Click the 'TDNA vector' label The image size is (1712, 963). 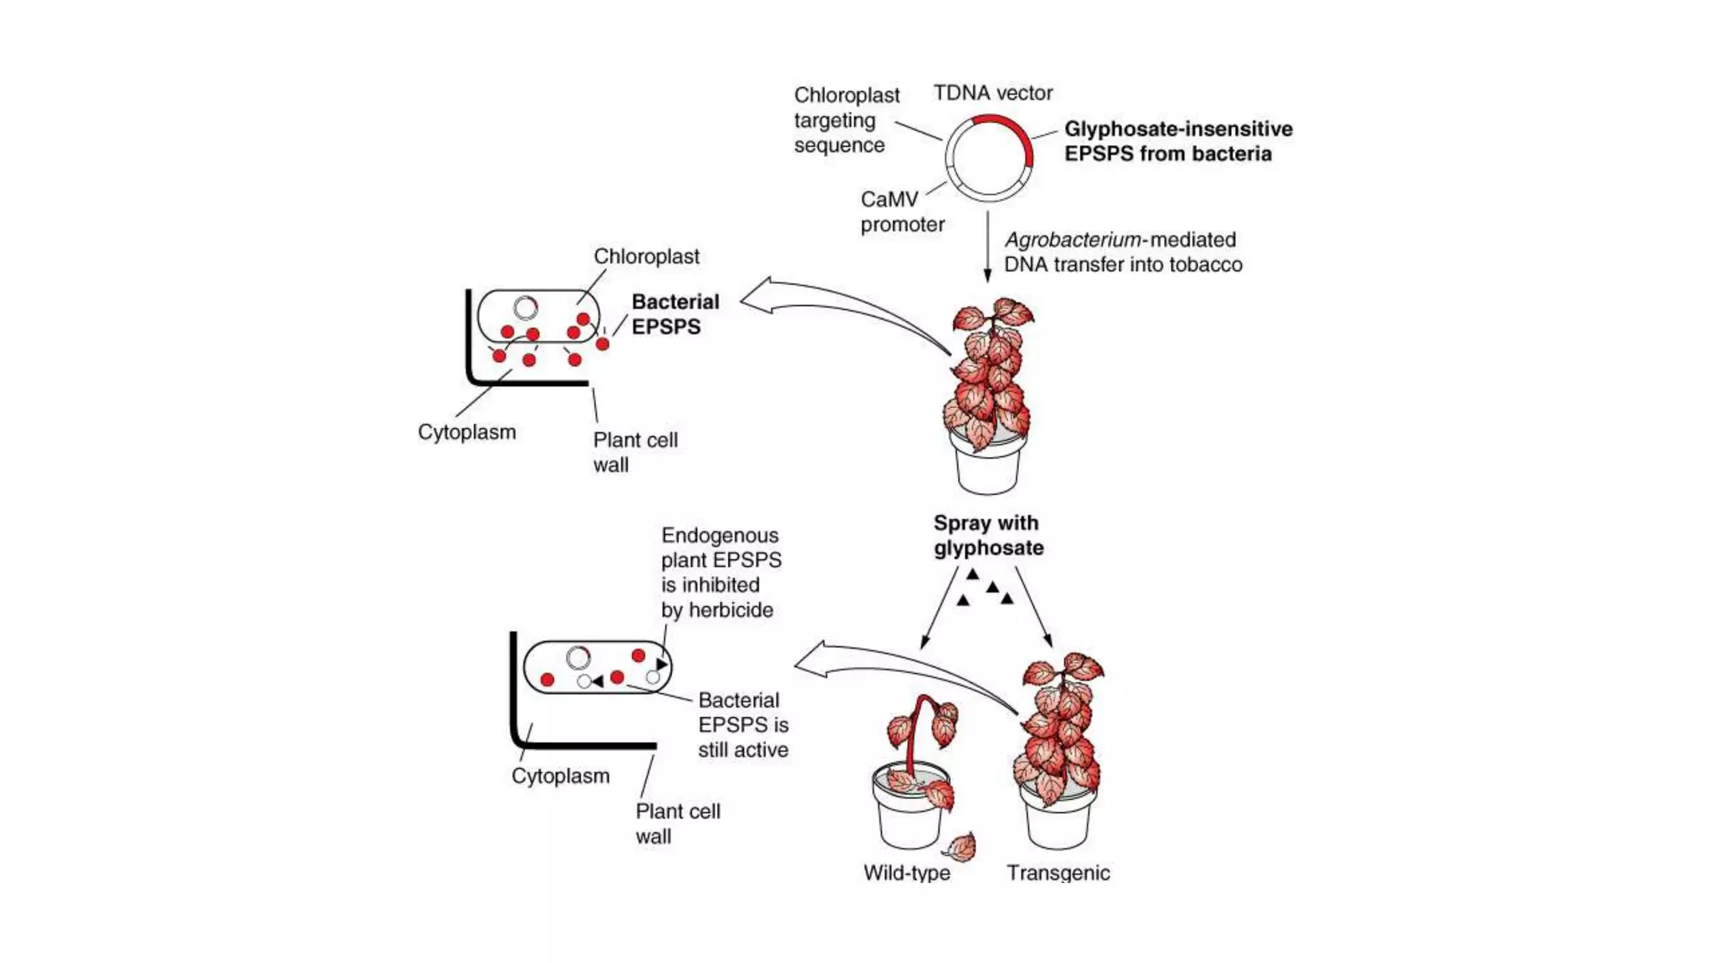coord(992,93)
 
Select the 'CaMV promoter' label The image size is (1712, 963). coord(901,211)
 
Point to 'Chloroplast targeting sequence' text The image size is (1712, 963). coord(846,120)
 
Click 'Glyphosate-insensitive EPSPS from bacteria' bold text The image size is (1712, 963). coord(1177,141)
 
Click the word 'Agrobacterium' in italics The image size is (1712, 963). coord(1073,240)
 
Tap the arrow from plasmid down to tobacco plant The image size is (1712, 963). coord(987,247)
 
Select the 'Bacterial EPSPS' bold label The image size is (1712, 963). coord(674,313)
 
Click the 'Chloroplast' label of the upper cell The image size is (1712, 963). coord(646,257)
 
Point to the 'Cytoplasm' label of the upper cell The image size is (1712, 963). coord(466,432)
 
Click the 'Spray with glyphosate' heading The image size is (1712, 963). coord(987,535)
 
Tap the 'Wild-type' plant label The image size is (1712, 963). coord(906,873)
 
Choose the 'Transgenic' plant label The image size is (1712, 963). coord(1057,873)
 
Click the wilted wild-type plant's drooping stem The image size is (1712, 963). coord(915,727)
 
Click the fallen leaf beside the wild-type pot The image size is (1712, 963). coord(960,848)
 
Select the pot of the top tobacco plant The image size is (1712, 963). coord(987,468)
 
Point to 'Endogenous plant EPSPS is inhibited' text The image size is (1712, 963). coord(720,573)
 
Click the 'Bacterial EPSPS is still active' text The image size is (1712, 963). coord(742,725)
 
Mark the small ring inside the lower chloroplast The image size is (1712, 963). coord(578,658)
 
